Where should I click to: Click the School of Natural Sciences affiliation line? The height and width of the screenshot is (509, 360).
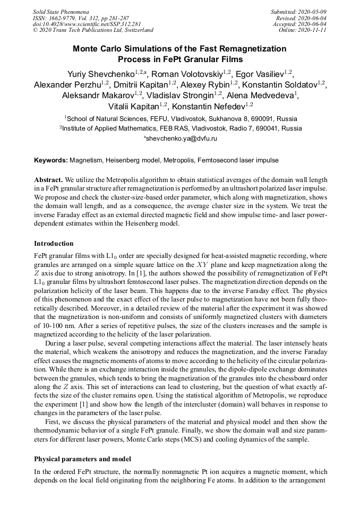[179, 118]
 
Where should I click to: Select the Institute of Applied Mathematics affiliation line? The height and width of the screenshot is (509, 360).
[180, 128]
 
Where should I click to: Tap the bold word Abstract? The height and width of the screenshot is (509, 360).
[49, 180]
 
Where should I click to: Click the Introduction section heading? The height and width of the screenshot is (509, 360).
[54, 244]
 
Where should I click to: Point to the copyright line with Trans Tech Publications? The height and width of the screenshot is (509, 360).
[93, 30]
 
